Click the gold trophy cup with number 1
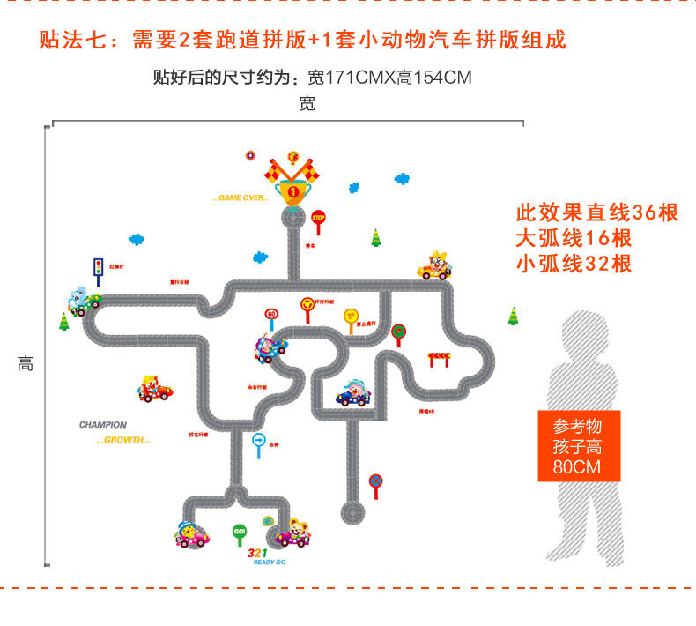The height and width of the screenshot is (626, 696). [292, 188]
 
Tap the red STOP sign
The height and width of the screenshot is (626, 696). [318, 217]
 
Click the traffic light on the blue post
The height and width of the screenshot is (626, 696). [98, 265]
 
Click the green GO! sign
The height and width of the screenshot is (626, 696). [240, 532]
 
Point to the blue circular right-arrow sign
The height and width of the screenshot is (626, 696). [258, 439]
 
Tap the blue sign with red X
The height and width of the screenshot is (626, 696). [375, 481]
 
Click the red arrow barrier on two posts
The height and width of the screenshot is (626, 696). [438, 357]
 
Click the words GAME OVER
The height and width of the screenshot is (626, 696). [241, 198]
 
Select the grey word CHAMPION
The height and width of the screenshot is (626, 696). [103, 425]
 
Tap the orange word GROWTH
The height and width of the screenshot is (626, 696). [123, 440]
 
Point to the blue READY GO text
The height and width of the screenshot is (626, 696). [269, 562]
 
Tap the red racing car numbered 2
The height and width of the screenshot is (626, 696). [155, 391]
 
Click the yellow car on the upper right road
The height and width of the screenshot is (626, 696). [434, 267]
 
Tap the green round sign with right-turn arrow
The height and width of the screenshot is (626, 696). [398, 332]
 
